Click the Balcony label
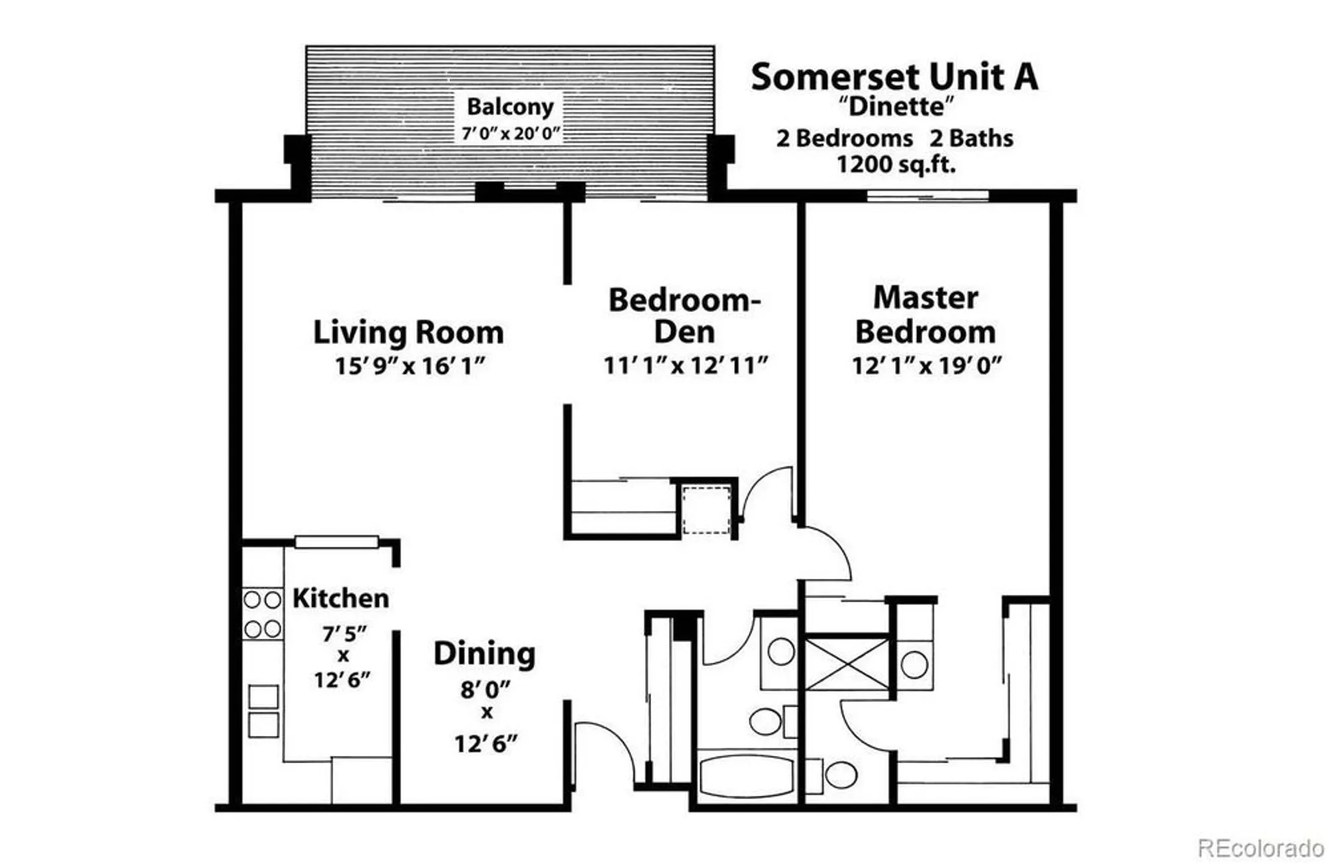point(510,106)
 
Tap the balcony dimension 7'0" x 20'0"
point(511,133)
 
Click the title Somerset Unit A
point(894,77)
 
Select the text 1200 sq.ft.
point(895,164)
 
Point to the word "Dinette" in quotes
point(896,106)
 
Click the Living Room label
point(408,332)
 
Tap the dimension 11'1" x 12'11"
point(686,365)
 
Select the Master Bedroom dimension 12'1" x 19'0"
point(926,365)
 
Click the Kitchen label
point(340,598)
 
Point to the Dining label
point(484,653)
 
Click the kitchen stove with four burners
point(262,614)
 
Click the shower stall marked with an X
point(847,664)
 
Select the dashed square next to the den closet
point(706,510)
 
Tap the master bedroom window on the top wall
point(927,196)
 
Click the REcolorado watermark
point(1260,848)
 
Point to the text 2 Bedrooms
point(845,138)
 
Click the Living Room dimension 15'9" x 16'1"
point(410,366)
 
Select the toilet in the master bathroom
point(840,775)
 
